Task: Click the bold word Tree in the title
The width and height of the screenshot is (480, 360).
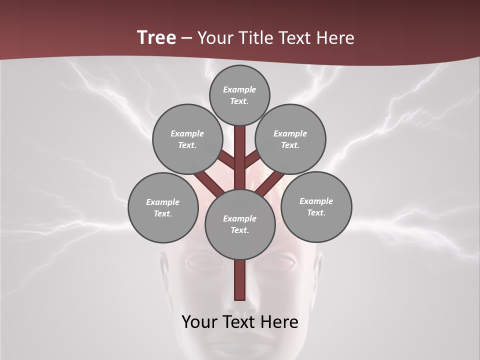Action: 156,38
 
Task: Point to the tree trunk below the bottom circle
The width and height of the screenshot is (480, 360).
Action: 240,280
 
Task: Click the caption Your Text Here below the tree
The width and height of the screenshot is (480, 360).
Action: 240,322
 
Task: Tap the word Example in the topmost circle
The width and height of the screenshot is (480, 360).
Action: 239,90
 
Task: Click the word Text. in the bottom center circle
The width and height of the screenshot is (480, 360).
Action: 240,230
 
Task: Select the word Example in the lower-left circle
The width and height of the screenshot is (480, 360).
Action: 163,202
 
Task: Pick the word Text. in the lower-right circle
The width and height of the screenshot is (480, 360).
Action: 316,213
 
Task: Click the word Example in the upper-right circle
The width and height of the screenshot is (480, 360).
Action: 290,134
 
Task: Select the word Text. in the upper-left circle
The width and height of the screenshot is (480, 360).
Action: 187,145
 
